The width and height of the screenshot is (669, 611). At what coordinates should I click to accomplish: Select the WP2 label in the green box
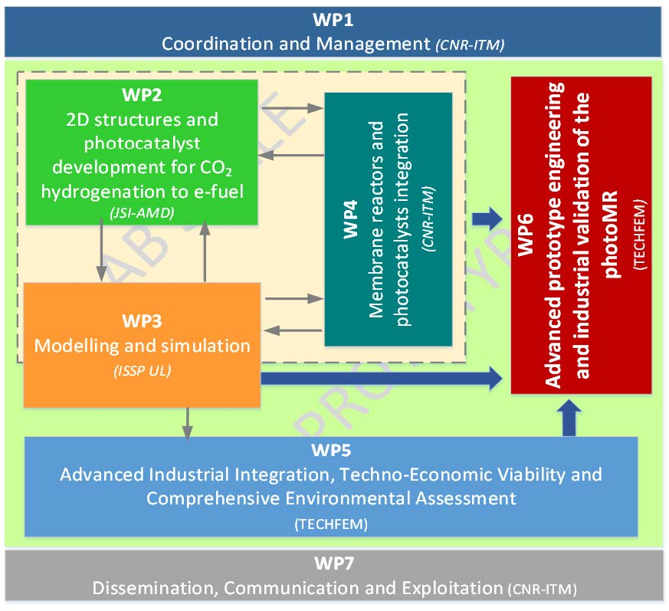pos(142,97)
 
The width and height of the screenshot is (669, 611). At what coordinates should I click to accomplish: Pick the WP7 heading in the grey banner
pos(334,564)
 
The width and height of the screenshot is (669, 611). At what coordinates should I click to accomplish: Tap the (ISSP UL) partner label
pos(143,373)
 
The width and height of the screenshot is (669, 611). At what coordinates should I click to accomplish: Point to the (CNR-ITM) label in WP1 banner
pos(470,44)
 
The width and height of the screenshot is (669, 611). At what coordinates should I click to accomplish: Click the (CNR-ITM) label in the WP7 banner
pos(542,590)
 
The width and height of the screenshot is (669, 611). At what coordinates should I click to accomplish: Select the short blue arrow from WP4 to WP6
pos(485,220)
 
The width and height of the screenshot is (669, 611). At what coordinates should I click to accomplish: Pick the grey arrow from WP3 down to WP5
pos(187,422)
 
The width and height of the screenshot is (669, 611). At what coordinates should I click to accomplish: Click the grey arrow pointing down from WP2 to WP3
pos(100,254)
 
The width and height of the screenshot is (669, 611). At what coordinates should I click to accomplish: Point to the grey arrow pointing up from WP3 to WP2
pos(205,254)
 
